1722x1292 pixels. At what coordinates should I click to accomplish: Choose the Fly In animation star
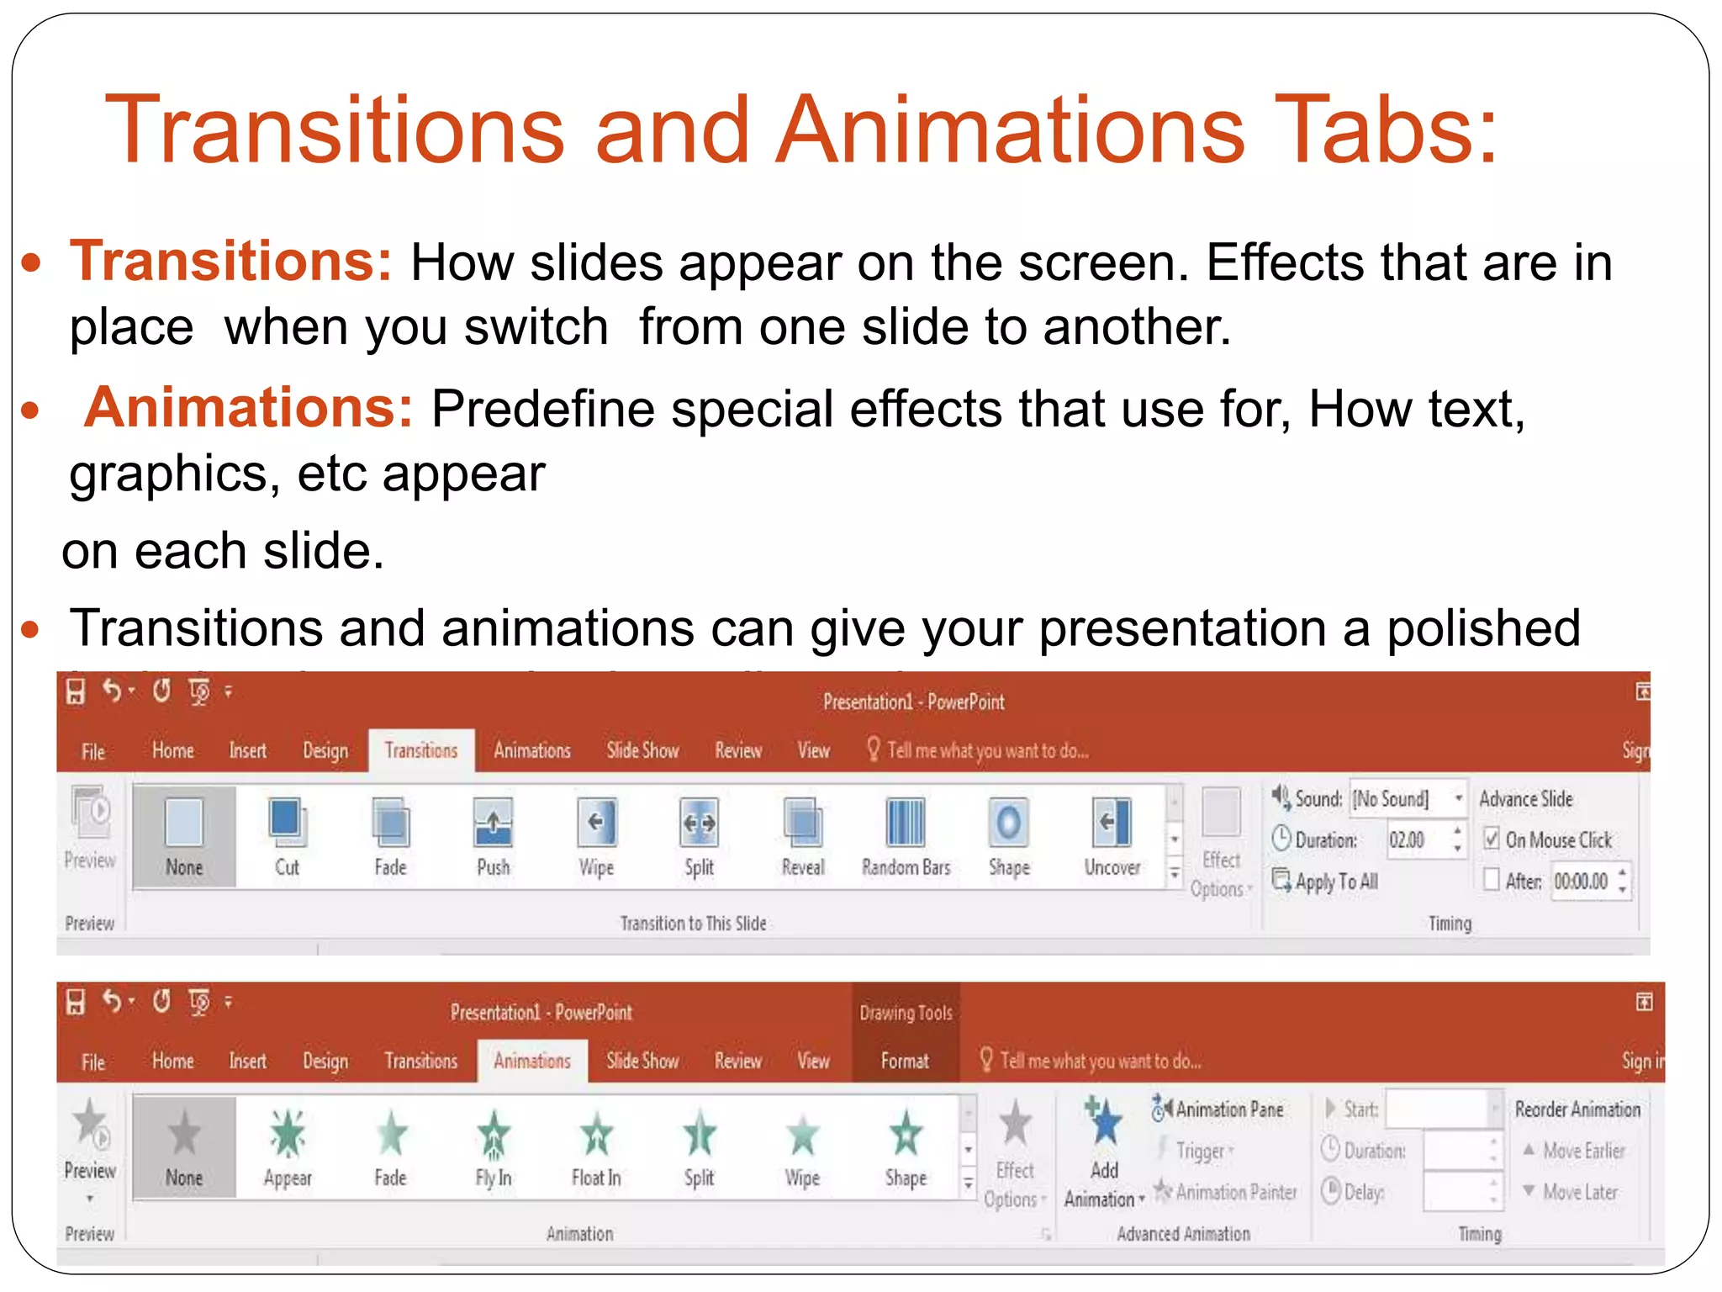494,1134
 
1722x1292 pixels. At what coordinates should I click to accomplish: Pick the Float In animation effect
596,1134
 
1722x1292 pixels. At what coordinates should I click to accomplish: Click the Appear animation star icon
288,1134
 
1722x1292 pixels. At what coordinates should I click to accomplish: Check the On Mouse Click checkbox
1492,839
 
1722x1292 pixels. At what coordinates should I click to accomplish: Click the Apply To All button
1327,882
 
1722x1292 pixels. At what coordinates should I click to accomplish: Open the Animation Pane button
1219,1109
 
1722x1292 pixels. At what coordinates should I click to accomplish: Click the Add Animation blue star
1104,1122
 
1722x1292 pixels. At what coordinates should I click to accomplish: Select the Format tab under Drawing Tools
905,1061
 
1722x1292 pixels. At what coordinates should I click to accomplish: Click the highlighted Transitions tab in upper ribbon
421,750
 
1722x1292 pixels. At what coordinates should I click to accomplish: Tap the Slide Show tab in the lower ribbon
642,1061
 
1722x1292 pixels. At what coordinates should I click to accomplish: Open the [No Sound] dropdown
1459,797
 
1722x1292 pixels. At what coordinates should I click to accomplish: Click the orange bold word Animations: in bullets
249,408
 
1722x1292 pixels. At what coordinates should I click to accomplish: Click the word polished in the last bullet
1483,628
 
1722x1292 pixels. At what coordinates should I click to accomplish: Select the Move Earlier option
1574,1150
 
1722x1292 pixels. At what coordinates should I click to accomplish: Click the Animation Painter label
1227,1192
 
